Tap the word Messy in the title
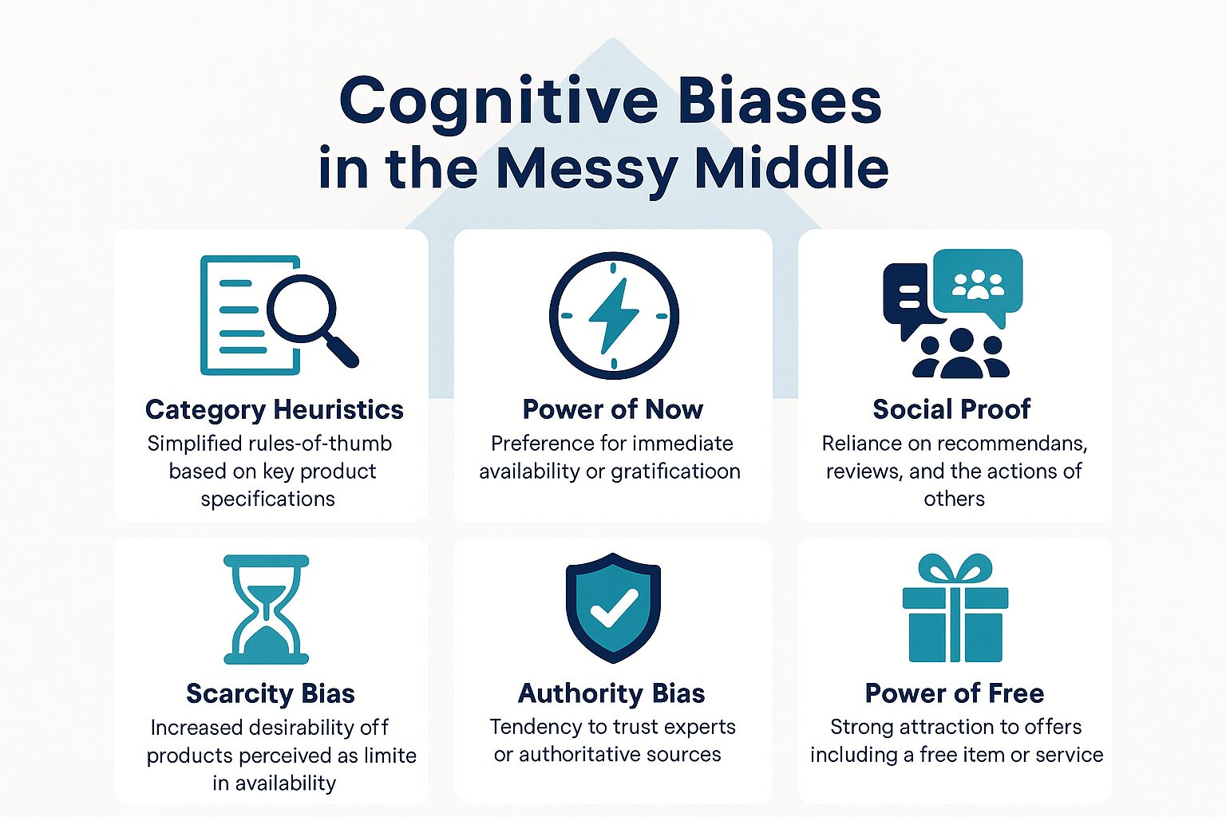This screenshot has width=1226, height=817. [x=585, y=168]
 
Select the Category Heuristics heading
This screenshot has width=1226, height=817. [x=274, y=409]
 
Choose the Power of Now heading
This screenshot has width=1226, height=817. [x=612, y=409]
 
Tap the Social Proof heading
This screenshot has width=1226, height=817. [x=951, y=409]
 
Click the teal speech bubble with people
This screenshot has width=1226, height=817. [x=978, y=283]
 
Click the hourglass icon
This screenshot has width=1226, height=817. [x=266, y=610]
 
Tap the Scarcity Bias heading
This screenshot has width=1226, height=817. [x=270, y=693]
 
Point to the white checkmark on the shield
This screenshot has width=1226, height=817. [x=613, y=608]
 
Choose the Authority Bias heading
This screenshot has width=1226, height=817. [x=611, y=693]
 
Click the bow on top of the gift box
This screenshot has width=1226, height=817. [x=955, y=570]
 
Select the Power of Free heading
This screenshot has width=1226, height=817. [x=954, y=693]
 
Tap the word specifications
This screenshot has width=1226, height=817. [x=267, y=499]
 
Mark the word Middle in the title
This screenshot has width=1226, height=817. [x=791, y=168]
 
